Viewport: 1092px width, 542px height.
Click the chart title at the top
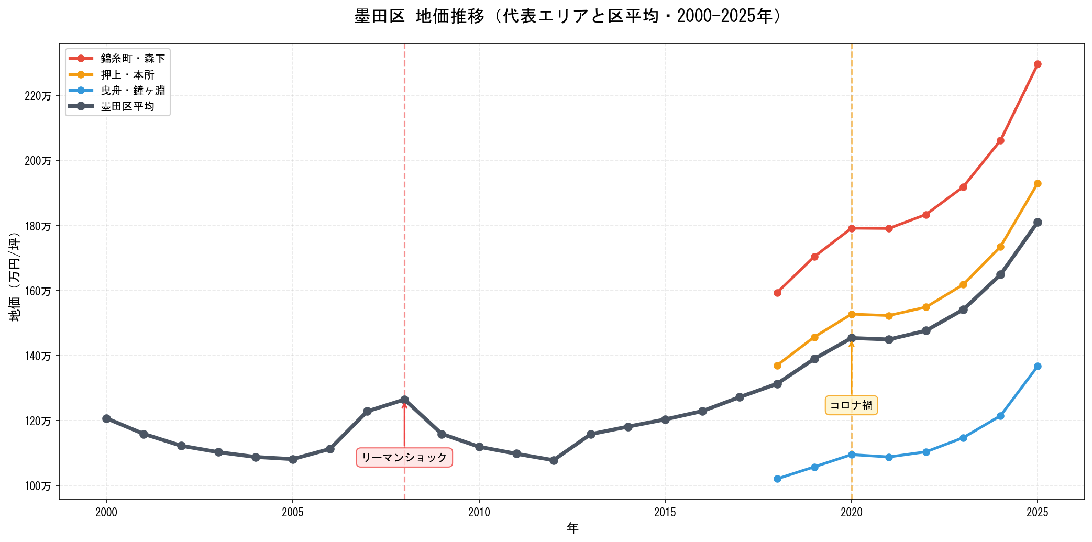pos(568,17)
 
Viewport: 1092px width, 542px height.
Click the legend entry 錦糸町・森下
pos(133,59)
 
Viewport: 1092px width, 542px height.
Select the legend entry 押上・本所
pos(127,75)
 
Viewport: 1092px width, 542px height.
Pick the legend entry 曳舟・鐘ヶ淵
pos(133,91)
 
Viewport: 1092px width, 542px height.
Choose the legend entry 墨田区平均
pos(127,107)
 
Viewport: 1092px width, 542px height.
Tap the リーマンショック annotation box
pos(404,458)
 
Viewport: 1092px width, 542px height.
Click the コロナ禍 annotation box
pos(851,405)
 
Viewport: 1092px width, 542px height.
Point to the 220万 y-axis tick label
pos(39,96)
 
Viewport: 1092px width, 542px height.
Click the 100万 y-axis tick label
pos(39,486)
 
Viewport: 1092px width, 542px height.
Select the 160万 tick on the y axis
pos(39,291)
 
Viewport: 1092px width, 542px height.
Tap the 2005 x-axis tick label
pos(293,512)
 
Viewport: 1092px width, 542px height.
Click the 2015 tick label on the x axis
pos(665,512)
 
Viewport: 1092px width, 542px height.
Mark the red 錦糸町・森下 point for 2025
pos(1038,64)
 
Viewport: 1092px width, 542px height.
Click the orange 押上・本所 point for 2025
pos(1038,184)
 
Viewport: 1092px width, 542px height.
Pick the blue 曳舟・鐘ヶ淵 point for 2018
pos(777,479)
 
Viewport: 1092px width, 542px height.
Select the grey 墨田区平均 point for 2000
pos(106,418)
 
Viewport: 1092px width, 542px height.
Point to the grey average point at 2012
pos(554,460)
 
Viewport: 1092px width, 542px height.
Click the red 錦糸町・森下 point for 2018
pos(777,293)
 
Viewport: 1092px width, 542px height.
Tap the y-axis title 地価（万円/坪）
pos(15,277)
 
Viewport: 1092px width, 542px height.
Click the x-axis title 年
pos(572,528)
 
